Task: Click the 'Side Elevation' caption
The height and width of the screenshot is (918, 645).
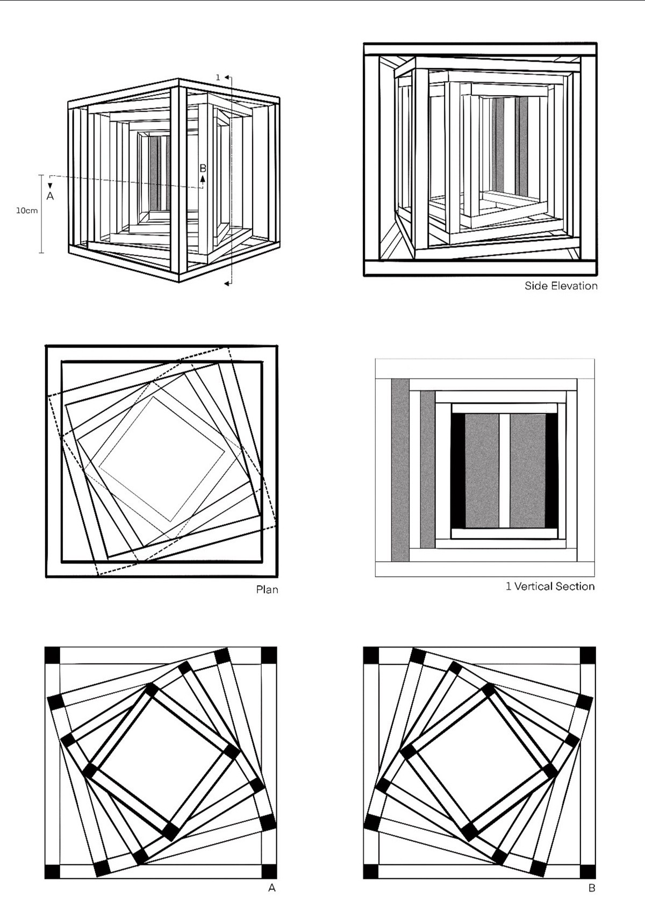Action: click(x=561, y=285)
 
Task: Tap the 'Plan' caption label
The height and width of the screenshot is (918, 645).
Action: click(x=267, y=589)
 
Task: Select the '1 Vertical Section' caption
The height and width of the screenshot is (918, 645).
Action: click(x=550, y=586)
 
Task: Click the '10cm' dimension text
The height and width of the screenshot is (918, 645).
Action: click(x=27, y=211)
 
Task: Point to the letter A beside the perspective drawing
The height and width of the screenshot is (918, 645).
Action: click(x=50, y=196)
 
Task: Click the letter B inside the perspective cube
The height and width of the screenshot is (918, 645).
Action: click(x=203, y=168)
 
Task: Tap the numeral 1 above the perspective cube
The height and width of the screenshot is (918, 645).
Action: click(x=218, y=77)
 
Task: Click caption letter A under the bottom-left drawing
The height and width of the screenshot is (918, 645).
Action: click(x=271, y=888)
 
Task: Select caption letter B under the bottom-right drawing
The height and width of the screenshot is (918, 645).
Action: click(x=591, y=888)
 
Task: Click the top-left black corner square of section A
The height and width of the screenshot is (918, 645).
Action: click(x=53, y=655)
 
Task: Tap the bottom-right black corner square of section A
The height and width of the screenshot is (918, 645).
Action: click(x=269, y=871)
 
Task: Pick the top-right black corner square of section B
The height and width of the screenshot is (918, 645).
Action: click(x=587, y=655)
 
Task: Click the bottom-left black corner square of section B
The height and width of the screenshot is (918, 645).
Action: click(x=371, y=871)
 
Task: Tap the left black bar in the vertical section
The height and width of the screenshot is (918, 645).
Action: click(x=458, y=471)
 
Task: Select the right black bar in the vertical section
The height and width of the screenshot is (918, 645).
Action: click(x=551, y=471)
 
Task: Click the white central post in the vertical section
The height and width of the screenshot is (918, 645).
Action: click(x=505, y=471)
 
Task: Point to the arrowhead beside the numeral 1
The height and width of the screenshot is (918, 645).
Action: click(x=226, y=77)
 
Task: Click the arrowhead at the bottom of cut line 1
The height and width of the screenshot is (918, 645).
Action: click(x=226, y=283)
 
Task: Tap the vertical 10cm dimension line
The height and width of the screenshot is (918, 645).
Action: click(x=41, y=214)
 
